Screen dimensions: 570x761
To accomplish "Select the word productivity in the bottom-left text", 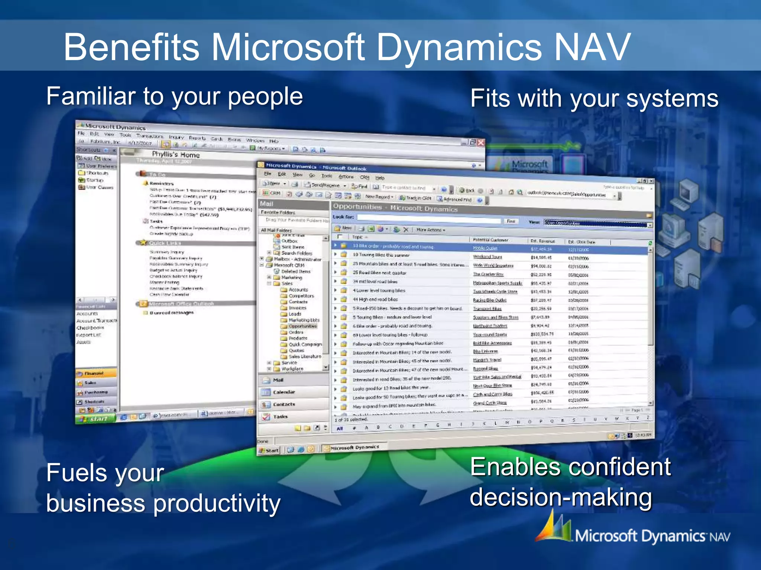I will [217, 504].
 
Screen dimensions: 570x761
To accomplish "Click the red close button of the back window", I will [481, 142].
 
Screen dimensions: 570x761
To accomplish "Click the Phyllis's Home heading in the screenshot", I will [176, 154].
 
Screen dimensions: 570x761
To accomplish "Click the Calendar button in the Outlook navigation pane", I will [284, 392].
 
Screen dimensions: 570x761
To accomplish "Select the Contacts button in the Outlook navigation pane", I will [284, 404].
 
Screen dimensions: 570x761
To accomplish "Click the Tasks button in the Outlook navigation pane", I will [280, 416].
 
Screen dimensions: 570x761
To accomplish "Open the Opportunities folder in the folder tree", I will [302, 326].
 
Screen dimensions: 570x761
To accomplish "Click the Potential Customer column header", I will [490, 240].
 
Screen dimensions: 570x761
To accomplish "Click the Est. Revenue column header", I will [543, 241].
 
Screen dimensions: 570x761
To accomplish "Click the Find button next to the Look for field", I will [511, 221].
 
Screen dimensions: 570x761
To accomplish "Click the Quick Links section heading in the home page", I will [165, 243].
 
